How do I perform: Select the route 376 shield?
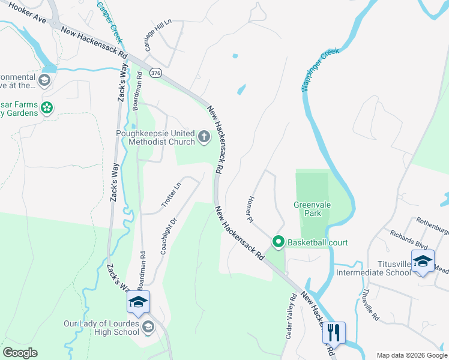point(156,73)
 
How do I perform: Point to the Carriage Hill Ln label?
point(158,35)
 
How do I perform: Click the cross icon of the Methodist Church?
point(204,137)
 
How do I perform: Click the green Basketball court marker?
point(279,242)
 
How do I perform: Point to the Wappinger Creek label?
point(320,69)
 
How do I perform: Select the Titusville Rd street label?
point(368,304)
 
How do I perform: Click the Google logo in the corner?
point(20,353)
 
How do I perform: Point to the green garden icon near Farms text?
point(47,108)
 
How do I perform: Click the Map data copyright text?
point(411,355)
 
